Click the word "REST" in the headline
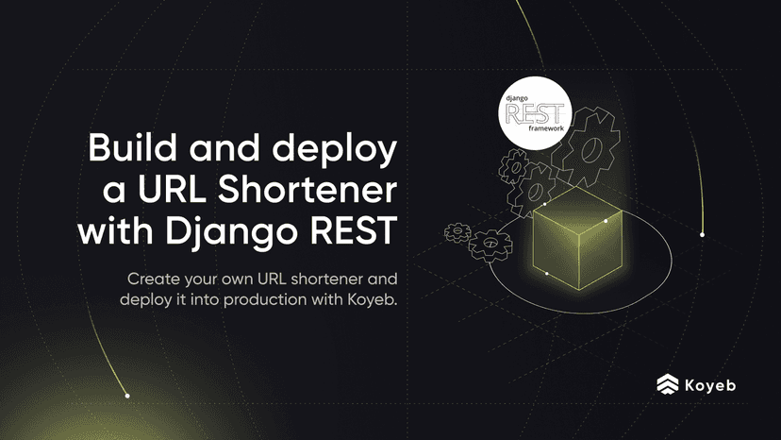pyautogui.click(x=357, y=229)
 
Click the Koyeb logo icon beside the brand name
pyautogui.click(x=668, y=383)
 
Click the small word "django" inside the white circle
pyautogui.click(x=517, y=97)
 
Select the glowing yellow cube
pyautogui.click(x=571, y=236)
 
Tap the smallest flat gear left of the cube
pyautogui.click(x=457, y=231)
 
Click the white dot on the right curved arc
pyautogui.click(x=702, y=233)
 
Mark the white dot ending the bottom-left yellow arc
pyautogui.click(x=127, y=396)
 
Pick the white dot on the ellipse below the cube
pyautogui.click(x=547, y=274)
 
